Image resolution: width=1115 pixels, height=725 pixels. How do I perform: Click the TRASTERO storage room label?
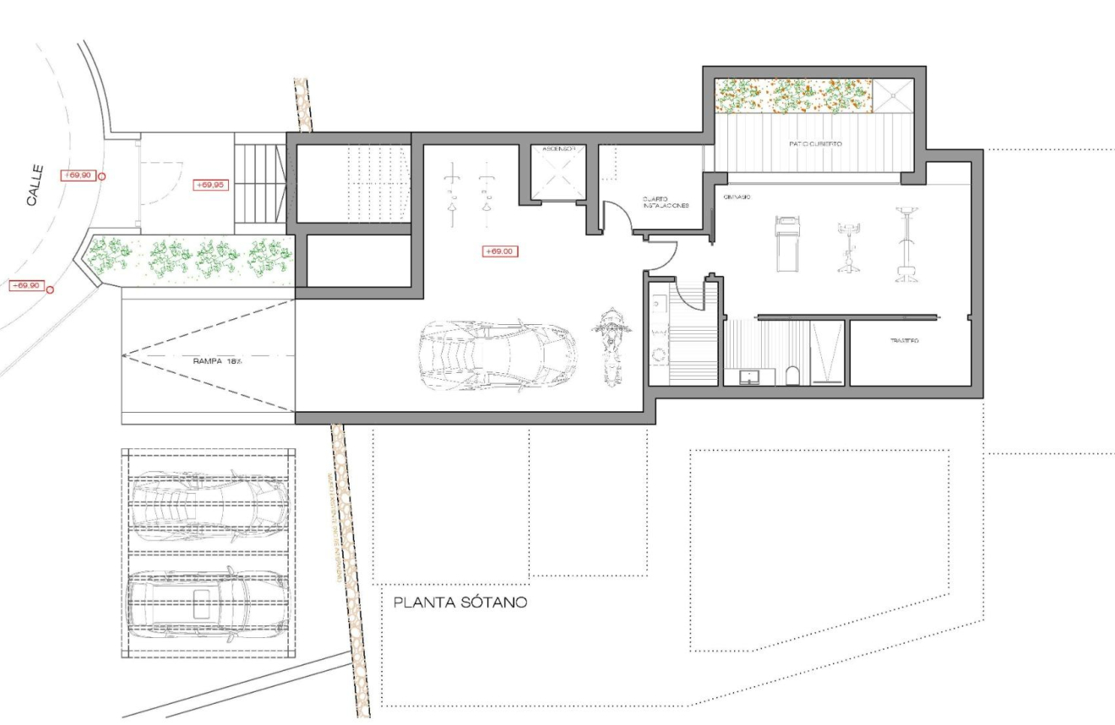tap(904, 341)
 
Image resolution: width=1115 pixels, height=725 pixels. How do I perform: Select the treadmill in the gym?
tap(786, 243)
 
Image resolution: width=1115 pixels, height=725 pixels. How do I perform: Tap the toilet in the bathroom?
tap(791, 376)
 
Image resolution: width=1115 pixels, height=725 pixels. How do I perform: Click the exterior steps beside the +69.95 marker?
tap(259, 184)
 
